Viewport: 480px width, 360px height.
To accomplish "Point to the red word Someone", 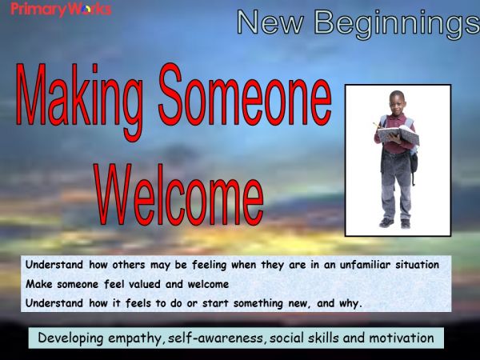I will (244, 101).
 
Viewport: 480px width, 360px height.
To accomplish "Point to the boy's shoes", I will (396, 222).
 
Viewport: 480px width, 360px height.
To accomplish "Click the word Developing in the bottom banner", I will (72, 338).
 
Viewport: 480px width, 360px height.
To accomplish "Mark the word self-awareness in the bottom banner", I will (218, 338).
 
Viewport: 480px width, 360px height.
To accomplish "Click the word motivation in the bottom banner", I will (400, 338).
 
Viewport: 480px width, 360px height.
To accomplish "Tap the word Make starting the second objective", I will (39, 284).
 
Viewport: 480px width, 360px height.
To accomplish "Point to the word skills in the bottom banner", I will (323, 338).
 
